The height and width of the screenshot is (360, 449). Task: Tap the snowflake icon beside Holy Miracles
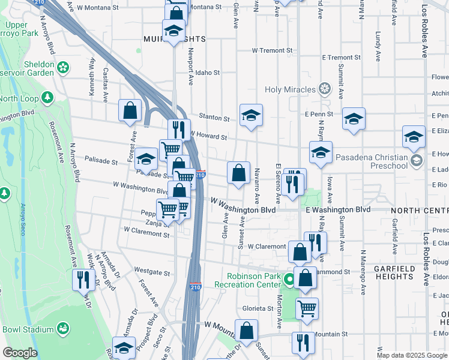tap(325, 90)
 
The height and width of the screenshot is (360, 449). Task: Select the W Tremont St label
tap(272, 50)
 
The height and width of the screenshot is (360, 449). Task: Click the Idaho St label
tap(208, 73)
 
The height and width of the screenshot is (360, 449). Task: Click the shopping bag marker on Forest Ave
tap(130, 110)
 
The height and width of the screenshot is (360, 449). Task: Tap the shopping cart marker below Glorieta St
tap(307, 308)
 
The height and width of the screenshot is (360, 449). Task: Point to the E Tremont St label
tap(341, 58)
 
